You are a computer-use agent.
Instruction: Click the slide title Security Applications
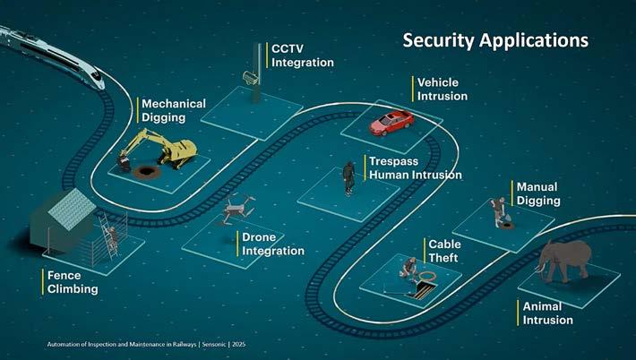(494, 40)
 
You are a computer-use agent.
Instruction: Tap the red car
(391, 122)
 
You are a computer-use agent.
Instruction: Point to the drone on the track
(236, 208)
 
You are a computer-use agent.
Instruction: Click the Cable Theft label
(444, 250)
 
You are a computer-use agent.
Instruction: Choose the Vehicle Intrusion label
(442, 89)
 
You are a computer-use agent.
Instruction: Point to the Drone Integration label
(272, 244)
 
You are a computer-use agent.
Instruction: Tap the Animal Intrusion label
(547, 313)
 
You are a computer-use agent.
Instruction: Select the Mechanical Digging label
(173, 110)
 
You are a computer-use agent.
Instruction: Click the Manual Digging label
(537, 193)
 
